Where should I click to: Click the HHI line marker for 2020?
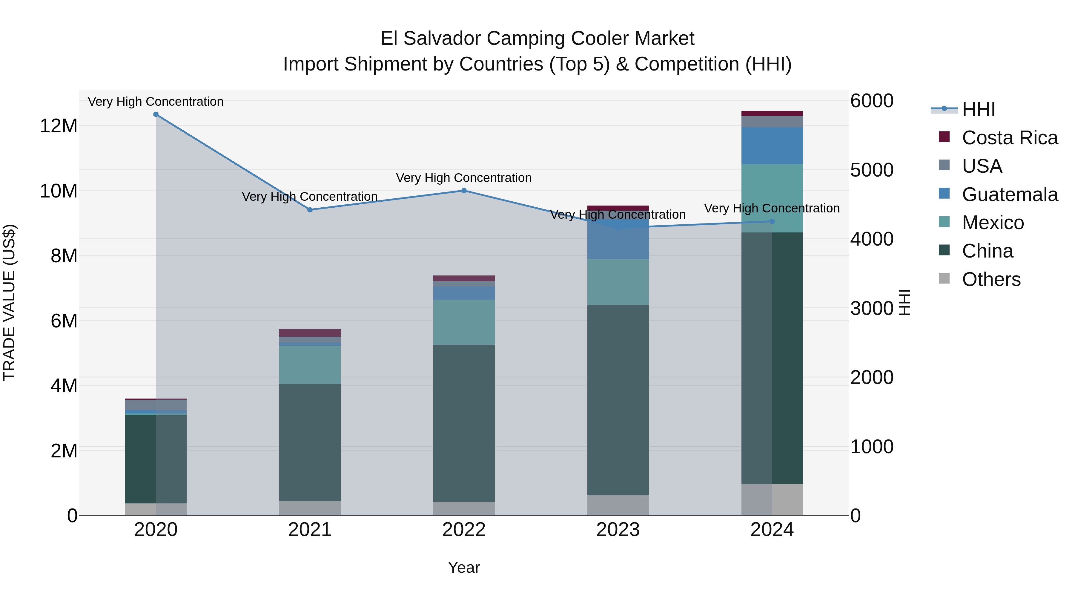pos(156,114)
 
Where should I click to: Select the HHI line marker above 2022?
pos(464,191)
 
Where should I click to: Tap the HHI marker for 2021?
pos(310,210)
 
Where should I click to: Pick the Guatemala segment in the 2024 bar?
pos(772,146)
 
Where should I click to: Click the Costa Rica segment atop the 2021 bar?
pos(310,333)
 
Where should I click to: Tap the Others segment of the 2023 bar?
pos(618,505)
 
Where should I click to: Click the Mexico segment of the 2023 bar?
pos(618,282)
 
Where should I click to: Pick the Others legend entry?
pos(991,279)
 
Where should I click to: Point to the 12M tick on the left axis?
pos(59,126)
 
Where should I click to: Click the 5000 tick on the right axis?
pos(872,170)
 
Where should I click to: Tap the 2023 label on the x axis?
pos(618,530)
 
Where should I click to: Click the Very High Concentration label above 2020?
pos(156,102)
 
